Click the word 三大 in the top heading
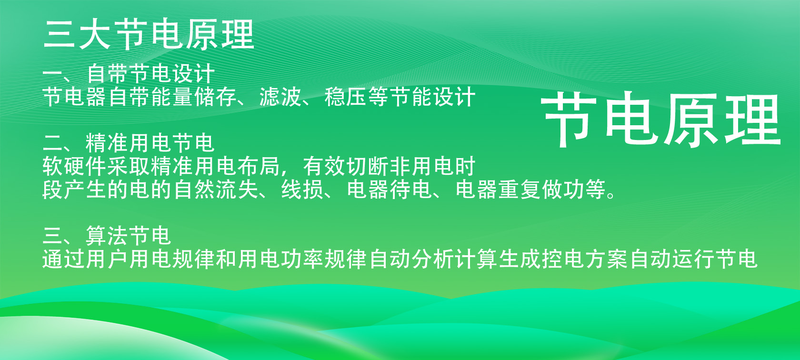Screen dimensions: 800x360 (77, 34)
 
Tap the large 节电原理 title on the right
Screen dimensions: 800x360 (661, 119)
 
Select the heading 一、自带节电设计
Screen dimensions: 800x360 (129, 73)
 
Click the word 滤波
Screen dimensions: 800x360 (281, 97)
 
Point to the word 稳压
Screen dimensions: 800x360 (346, 97)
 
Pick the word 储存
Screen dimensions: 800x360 (216, 97)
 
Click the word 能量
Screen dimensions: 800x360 (172, 97)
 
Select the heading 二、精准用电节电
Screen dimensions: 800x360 (129, 143)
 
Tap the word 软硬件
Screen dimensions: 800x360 (75, 166)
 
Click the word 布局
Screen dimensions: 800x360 (259, 166)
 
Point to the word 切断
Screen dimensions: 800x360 (368, 166)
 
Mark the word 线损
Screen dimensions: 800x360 (302, 190)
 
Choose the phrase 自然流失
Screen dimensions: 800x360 (216, 190)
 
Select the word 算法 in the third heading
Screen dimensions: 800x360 (107, 236)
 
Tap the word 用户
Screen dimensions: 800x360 (108, 259)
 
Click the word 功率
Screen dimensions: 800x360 (302, 259)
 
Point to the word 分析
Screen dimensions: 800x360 (433, 259)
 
